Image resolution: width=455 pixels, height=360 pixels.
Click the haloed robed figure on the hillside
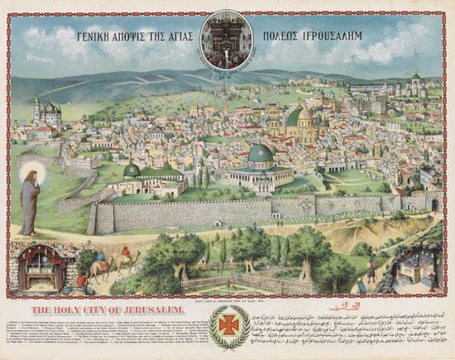[31, 198]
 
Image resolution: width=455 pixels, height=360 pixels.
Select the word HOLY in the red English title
[53, 308]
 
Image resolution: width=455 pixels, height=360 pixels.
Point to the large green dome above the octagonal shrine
[261, 155]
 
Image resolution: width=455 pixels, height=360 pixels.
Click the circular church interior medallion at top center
[227, 39]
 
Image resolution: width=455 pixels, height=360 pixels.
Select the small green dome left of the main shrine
[131, 170]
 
